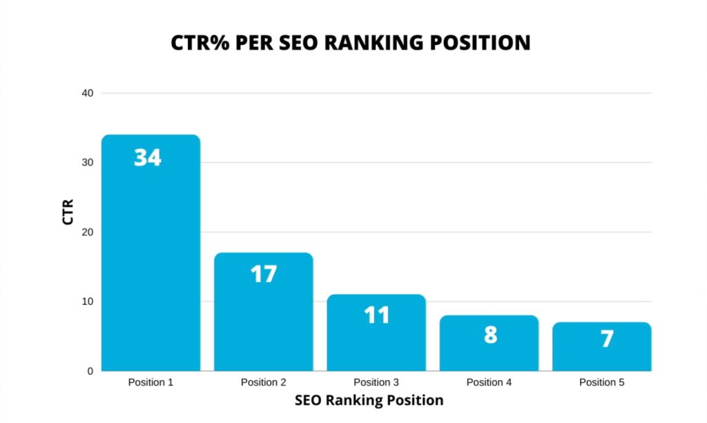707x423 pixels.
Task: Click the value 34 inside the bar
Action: pos(148,158)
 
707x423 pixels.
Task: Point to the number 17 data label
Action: pos(263,274)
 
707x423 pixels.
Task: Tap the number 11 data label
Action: pos(376,315)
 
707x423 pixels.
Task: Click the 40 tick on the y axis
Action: pos(87,93)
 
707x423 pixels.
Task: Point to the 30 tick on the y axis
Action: pos(87,163)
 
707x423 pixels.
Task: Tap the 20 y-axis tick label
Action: pos(87,233)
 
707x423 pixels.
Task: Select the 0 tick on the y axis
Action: pos(90,371)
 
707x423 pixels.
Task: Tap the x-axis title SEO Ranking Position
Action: pos(369,400)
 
